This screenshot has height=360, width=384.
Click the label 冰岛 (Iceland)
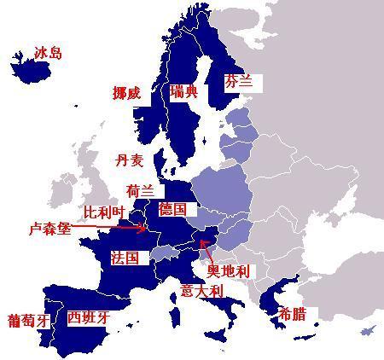click(x=49, y=54)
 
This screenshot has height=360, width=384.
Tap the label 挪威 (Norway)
click(x=127, y=93)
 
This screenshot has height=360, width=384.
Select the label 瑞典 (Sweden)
click(x=183, y=91)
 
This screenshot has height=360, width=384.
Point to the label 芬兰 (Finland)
click(x=240, y=83)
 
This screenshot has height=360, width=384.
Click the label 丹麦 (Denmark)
click(x=130, y=160)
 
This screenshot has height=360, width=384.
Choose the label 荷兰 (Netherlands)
click(x=140, y=190)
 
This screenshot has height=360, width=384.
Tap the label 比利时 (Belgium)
click(x=103, y=210)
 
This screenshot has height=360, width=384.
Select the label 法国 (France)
click(x=125, y=258)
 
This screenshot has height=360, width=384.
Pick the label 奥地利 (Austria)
click(x=230, y=270)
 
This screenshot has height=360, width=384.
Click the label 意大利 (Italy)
click(x=201, y=291)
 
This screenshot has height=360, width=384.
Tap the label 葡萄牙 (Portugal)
click(x=27, y=321)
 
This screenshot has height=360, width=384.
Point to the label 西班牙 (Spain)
click(x=89, y=317)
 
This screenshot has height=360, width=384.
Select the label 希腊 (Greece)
click(x=292, y=315)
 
